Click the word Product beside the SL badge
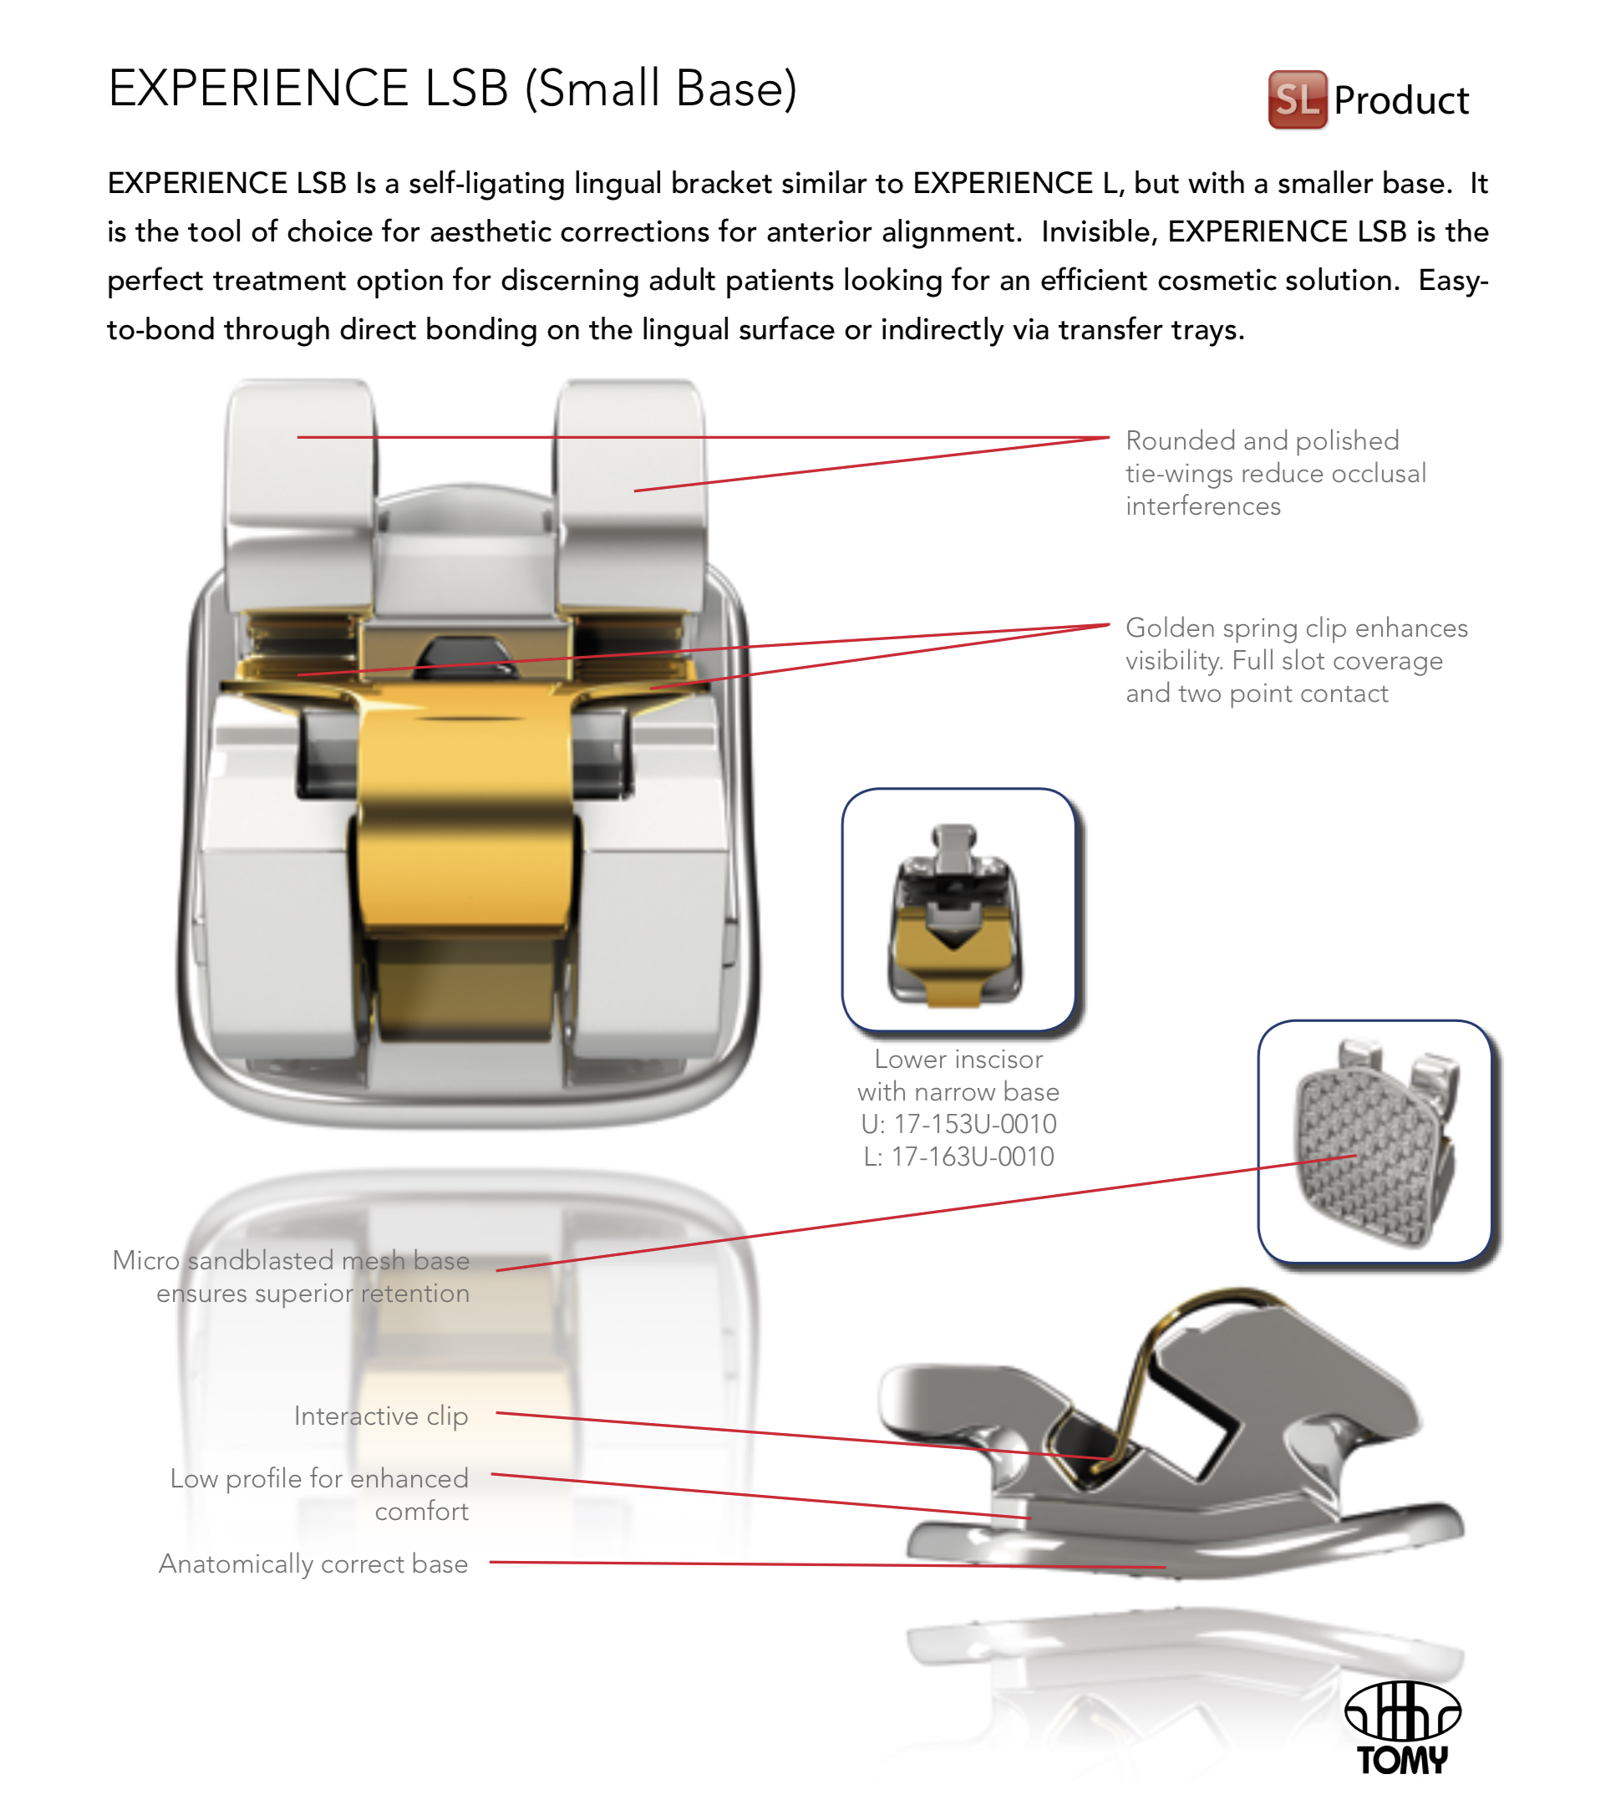click(1401, 100)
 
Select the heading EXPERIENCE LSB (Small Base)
click(453, 89)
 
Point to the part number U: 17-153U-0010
click(958, 1124)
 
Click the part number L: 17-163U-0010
click(959, 1157)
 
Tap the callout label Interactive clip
click(381, 1416)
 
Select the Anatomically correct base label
click(313, 1563)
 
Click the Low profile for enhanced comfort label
click(320, 1494)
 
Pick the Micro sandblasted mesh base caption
click(292, 1276)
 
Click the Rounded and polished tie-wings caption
click(1276, 473)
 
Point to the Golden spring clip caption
click(1296, 659)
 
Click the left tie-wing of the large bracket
click(300, 496)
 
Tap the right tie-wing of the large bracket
click(631, 496)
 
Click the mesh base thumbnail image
click(1375, 1141)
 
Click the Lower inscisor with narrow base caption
click(958, 1075)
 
